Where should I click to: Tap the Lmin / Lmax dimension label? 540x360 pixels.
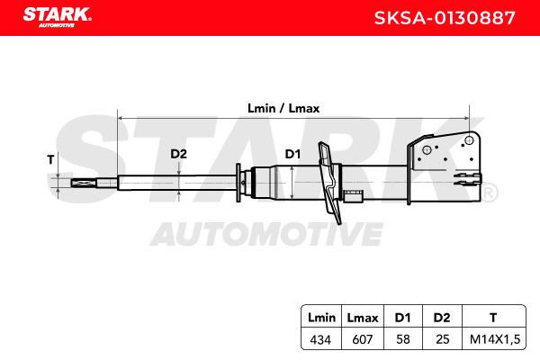click(283, 107)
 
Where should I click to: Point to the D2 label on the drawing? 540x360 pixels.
click(179, 154)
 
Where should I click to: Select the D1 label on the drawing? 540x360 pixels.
click(292, 154)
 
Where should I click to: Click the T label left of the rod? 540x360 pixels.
click(51, 159)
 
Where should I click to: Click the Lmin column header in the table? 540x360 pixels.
click(321, 317)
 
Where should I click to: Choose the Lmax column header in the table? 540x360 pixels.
click(362, 317)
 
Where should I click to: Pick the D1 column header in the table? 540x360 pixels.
click(401, 317)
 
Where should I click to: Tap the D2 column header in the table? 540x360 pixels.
click(440, 317)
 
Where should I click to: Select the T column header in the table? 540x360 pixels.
click(492, 317)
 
